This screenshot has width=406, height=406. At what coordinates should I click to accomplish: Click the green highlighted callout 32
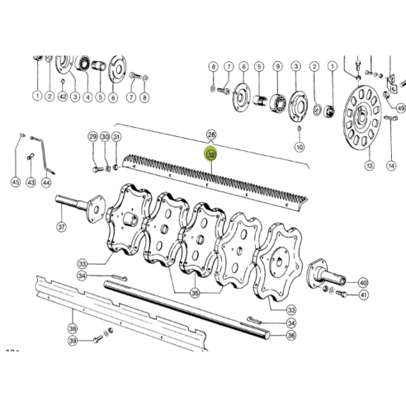coord(211,153)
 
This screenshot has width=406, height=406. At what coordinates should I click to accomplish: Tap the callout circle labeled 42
coord(64,97)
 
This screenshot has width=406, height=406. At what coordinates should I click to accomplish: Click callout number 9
coord(277,66)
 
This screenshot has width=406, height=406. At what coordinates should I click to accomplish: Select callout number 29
coord(92,137)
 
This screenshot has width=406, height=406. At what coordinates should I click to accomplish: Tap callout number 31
coord(116,137)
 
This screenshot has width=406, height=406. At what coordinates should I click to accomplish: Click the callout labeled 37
coord(61,227)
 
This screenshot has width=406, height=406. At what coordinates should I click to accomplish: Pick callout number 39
coord(73,342)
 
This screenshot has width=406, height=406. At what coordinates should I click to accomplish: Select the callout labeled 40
coord(364,282)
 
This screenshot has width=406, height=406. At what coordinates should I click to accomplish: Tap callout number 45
coord(15,182)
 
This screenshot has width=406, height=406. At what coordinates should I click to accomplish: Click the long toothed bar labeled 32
coord(215,177)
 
